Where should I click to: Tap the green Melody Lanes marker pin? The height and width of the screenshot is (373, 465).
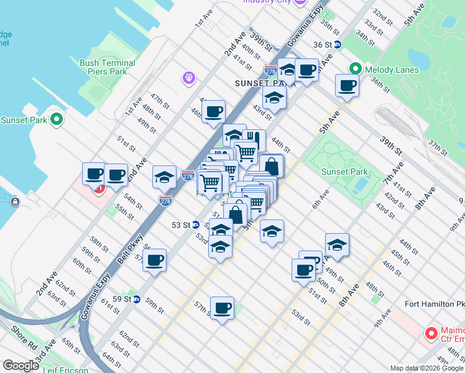click(356, 69)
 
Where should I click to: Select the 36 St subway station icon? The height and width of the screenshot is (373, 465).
click(338, 44)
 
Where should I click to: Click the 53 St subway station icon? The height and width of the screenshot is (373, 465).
click(195, 225)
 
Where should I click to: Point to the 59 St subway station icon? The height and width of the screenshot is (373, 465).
click(137, 299)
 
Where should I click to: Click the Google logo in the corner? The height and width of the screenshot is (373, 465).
click(21, 366)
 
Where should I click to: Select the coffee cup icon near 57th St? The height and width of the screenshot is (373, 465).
click(222, 308)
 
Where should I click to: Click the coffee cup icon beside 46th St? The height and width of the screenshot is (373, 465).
click(214, 112)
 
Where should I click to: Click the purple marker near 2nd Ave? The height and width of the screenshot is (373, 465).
click(189, 78)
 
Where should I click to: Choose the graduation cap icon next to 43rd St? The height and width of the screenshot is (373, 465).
click(274, 98)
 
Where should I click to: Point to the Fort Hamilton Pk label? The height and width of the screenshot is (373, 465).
click(434, 304)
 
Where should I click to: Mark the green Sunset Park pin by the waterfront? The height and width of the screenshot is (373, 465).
click(57, 119)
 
